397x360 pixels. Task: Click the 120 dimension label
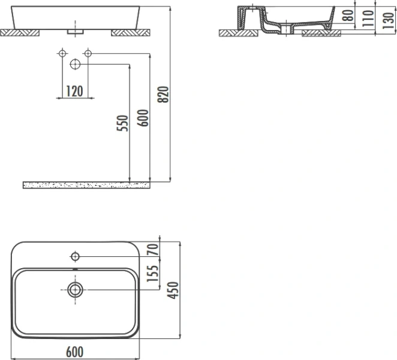point(74,91)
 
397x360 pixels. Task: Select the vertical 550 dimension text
point(123,124)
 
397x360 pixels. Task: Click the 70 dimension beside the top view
point(154,249)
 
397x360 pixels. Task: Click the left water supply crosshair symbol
point(62,54)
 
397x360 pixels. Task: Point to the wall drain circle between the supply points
point(75,64)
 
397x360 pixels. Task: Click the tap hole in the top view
point(75,257)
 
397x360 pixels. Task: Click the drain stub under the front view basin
point(75,29)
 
